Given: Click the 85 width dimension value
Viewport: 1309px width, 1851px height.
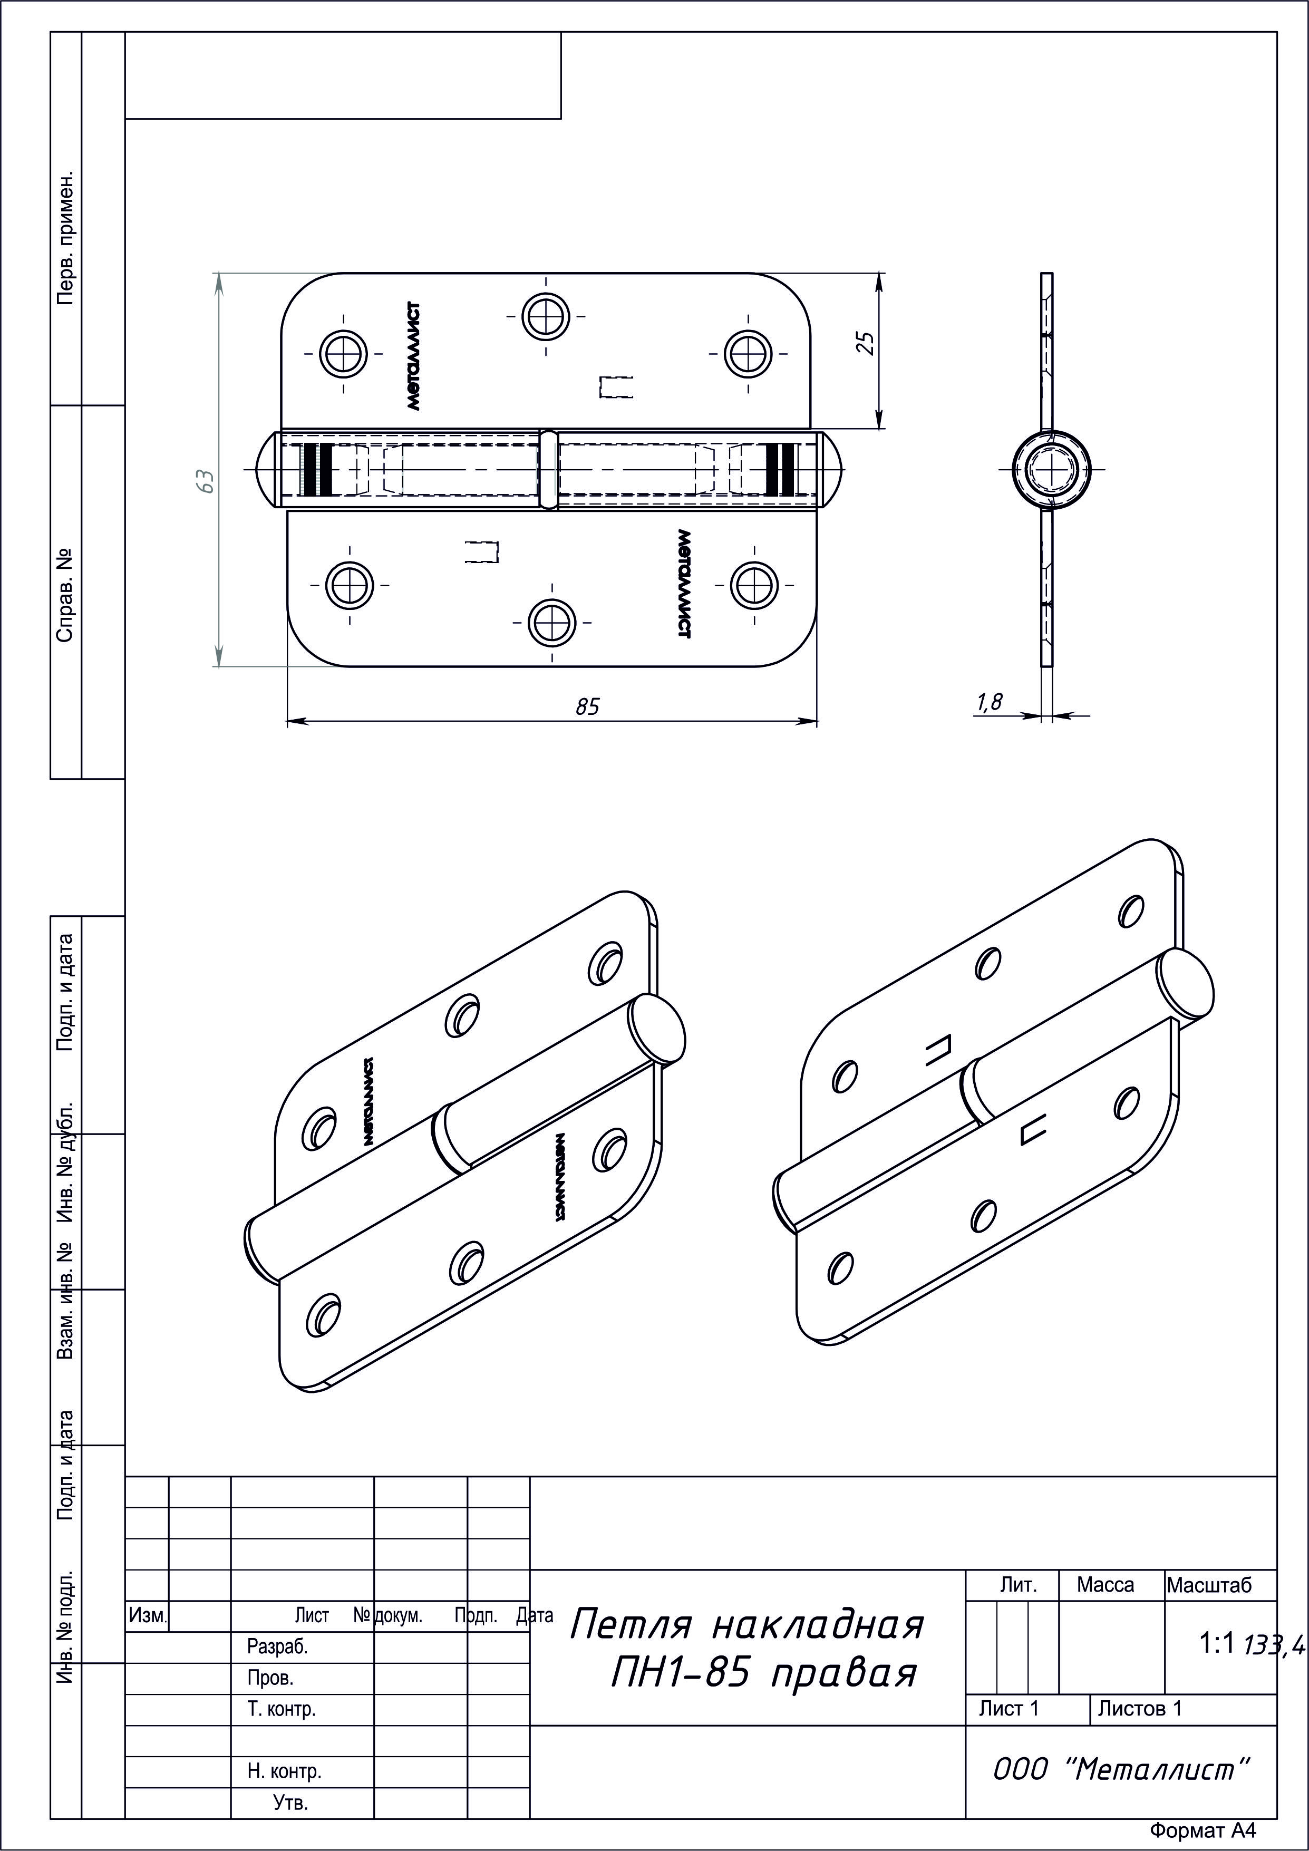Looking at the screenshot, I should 588,706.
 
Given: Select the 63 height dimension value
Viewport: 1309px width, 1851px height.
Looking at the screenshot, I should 207,481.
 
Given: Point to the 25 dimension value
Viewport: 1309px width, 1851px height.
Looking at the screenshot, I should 865,343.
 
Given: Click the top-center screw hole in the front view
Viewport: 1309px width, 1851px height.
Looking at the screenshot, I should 546,315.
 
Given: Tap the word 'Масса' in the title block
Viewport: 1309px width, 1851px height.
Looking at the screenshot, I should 1105,1585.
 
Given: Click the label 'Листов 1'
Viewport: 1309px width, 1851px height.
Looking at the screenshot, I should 1140,1708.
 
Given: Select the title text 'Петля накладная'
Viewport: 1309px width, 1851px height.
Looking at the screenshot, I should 745,1624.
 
